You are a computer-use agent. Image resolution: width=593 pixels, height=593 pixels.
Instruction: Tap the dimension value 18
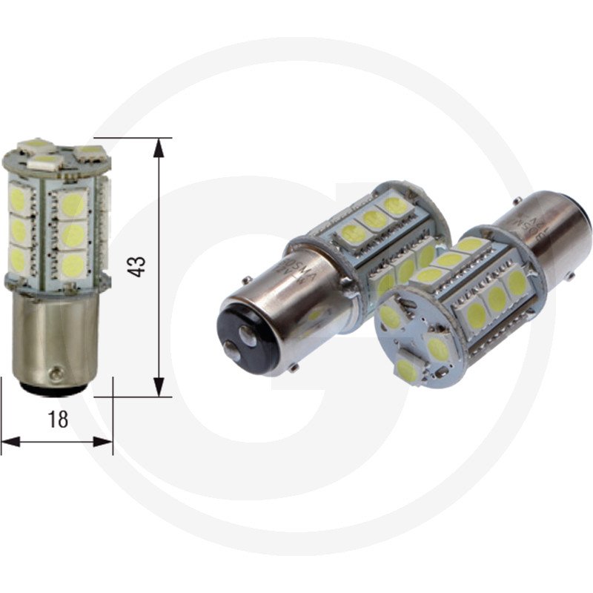[57, 419]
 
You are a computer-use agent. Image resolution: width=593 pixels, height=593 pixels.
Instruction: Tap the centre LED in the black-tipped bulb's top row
[375, 219]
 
